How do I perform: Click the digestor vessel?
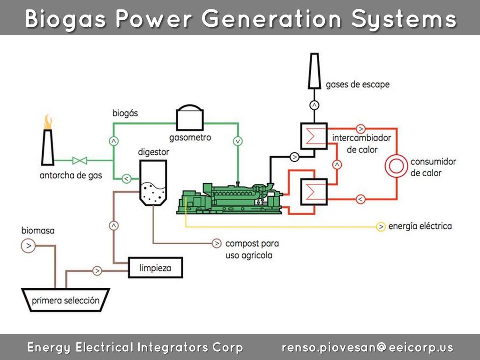(x=153, y=182)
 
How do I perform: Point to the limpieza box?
(x=155, y=268)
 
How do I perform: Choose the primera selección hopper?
(x=66, y=300)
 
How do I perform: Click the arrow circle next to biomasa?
(x=28, y=245)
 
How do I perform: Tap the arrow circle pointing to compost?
(x=217, y=243)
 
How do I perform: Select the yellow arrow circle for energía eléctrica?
(x=381, y=226)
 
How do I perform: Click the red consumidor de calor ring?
(x=397, y=167)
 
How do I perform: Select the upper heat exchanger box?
(x=314, y=136)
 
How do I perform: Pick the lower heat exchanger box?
(x=314, y=192)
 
